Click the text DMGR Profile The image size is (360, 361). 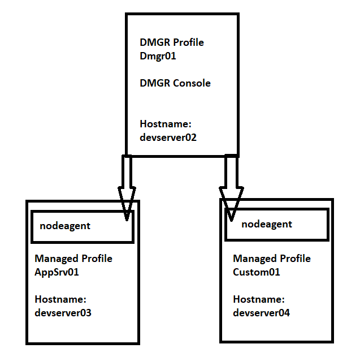(x=171, y=42)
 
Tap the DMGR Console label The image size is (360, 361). (x=175, y=83)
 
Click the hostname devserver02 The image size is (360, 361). (x=168, y=137)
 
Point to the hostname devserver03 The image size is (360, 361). (x=63, y=312)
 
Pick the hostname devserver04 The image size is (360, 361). (x=261, y=312)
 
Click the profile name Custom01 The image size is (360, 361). (x=257, y=272)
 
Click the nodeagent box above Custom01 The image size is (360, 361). (x=276, y=225)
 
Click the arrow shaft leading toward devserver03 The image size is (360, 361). (x=127, y=172)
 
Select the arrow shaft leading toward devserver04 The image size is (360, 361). (x=230, y=172)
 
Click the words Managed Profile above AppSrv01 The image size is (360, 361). (x=73, y=259)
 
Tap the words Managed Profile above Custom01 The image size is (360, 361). (x=272, y=259)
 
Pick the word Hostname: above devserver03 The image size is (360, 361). (x=60, y=299)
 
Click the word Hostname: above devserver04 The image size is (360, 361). (x=258, y=299)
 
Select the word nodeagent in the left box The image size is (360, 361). (x=65, y=226)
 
